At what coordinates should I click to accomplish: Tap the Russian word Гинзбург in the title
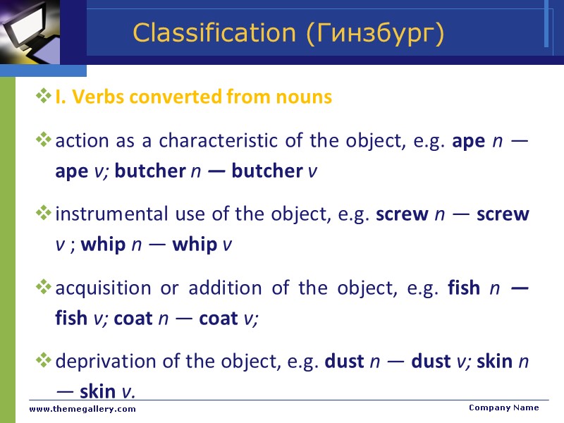tap(376, 33)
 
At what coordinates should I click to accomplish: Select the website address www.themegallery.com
tap(82, 409)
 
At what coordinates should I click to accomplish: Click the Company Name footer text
tap(503, 407)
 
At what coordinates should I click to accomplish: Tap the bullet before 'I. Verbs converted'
tap(44, 97)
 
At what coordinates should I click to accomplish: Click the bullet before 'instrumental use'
tap(44, 213)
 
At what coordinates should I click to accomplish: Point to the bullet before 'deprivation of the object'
tap(44, 361)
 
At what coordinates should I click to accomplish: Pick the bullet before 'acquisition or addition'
tap(44, 287)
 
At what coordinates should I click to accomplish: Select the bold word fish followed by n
tap(464, 288)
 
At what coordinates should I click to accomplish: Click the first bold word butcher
tap(149, 171)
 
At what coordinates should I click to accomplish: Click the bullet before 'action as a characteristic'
tap(44, 140)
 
